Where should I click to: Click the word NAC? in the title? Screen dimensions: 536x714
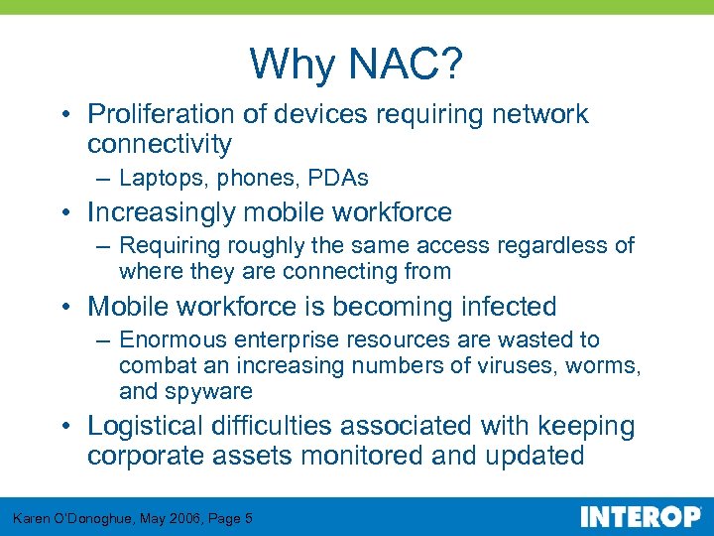point(406,66)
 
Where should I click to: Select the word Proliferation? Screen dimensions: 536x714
point(162,114)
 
